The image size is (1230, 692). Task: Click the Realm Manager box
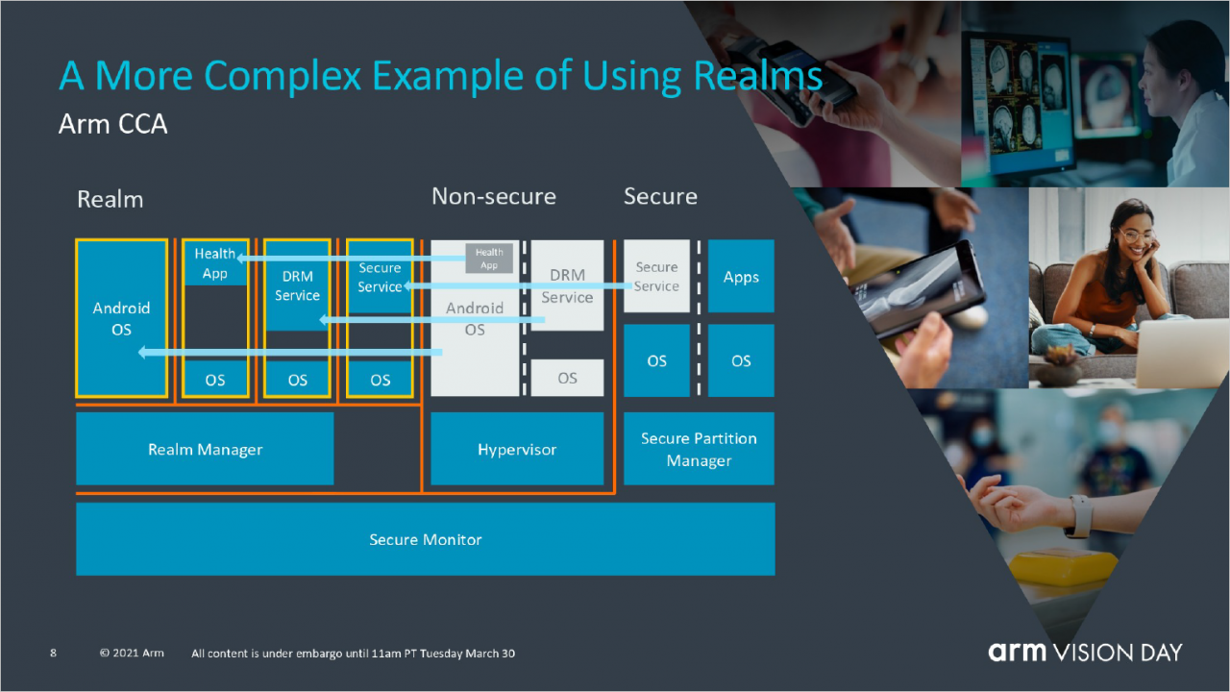click(205, 449)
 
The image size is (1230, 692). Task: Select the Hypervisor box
click(517, 449)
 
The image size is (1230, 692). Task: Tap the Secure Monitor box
click(426, 539)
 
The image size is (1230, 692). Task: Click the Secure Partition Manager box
click(699, 449)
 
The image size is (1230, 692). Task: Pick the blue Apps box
click(741, 276)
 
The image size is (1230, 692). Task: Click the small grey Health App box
click(489, 259)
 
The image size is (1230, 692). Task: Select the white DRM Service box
click(567, 285)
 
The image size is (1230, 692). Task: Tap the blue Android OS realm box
click(121, 318)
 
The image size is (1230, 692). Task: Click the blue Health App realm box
click(215, 263)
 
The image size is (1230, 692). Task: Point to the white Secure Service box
click(656, 276)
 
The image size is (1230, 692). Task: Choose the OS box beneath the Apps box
click(741, 360)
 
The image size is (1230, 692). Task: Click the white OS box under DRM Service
click(567, 378)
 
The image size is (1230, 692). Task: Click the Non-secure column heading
click(494, 196)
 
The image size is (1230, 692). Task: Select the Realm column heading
click(110, 199)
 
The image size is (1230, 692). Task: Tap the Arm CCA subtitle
click(112, 124)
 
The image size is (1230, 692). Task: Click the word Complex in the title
click(283, 75)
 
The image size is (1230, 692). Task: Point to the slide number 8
click(53, 653)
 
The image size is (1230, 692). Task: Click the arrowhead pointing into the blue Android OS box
click(142, 352)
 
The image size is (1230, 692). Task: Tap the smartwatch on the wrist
click(1078, 517)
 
